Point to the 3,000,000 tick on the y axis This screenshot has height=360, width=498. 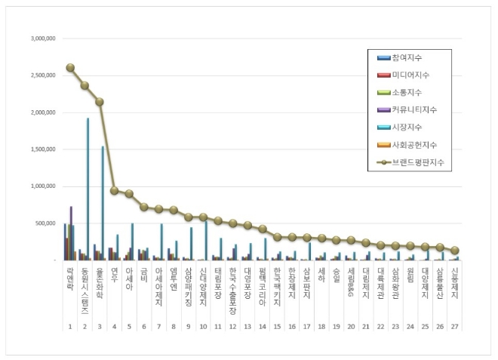[42, 38]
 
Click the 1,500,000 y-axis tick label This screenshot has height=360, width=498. [42, 149]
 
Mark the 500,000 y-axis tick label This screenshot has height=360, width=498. [45, 223]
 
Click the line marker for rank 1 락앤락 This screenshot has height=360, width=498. [70, 67]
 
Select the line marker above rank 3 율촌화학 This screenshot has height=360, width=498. [100, 102]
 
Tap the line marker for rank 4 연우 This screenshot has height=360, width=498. [114, 190]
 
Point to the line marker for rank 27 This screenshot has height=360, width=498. [455, 251]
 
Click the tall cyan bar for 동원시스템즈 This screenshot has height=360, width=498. [88, 189]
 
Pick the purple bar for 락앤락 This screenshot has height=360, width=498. [71, 233]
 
